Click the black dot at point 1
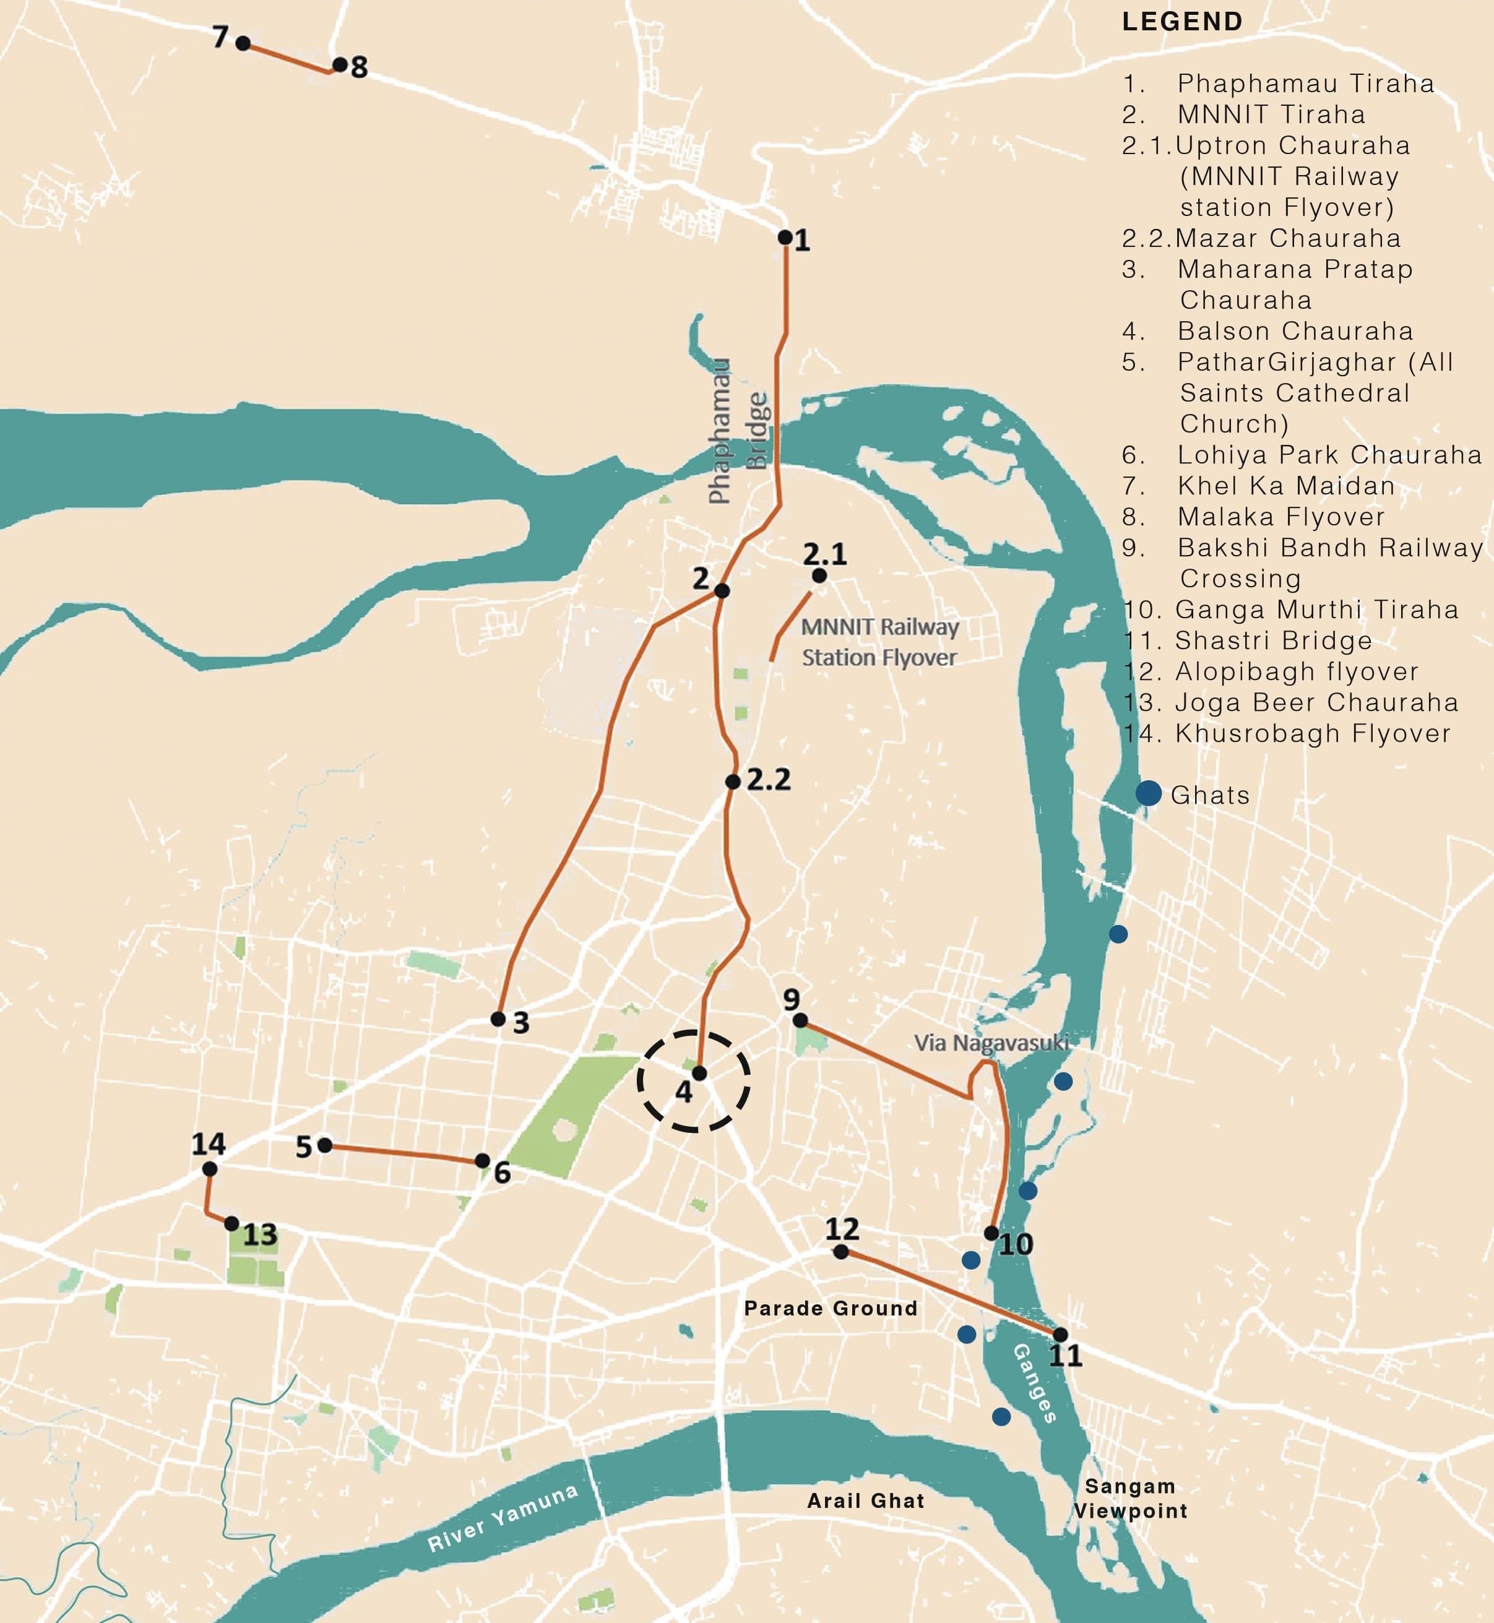[785, 237]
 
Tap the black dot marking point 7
[243, 43]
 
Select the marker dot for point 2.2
[732, 781]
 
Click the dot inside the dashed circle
[699, 1074]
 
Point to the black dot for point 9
[800, 1021]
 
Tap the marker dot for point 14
[209, 1169]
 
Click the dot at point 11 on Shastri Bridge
[1060, 1335]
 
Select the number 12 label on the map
[842, 1229]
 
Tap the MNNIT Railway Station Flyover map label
[879, 642]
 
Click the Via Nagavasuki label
[991, 1043]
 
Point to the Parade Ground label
[831, 1308]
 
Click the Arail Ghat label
[865, 1501]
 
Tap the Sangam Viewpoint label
[1130, 1499]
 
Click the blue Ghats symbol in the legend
[1148, 793]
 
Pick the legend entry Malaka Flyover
[1280, 517]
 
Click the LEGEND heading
[1182, 22]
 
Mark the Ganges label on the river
[1035, 1383]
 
